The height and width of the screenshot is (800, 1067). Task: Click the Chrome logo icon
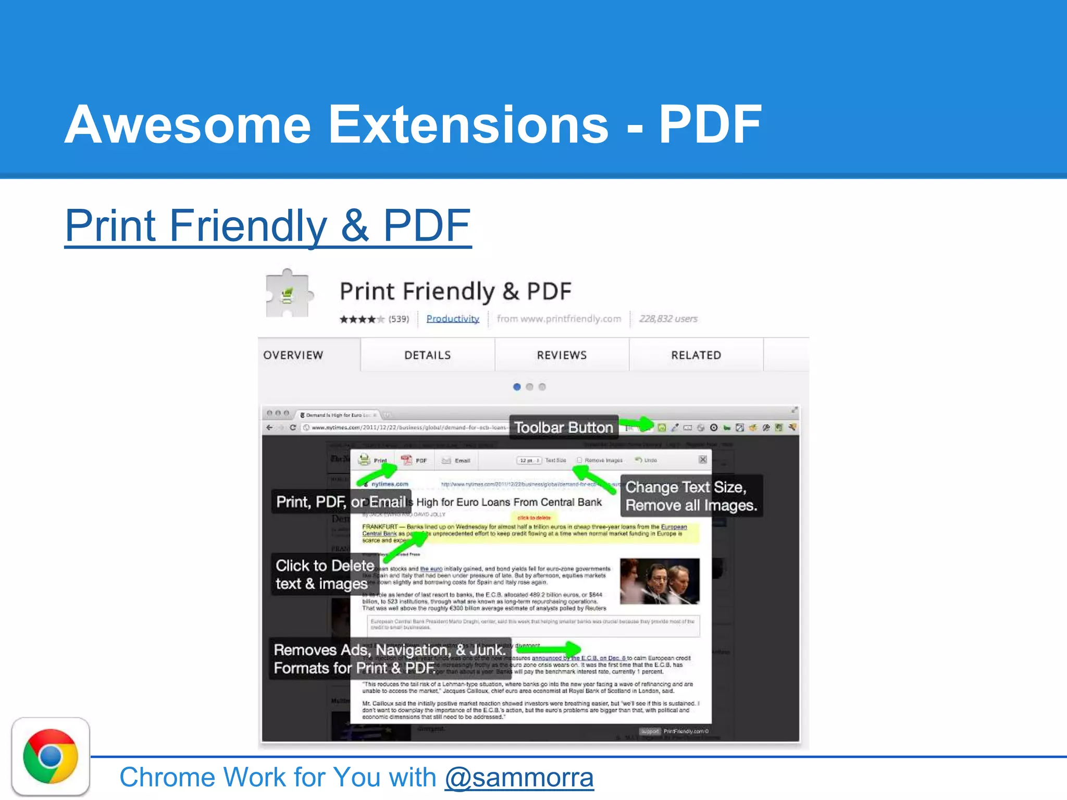tap(51, 756)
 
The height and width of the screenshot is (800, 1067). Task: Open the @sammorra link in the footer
tap(519, 778)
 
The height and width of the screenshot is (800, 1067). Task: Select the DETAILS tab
tap(427, 355)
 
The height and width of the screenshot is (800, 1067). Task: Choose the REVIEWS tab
tap(562, 355)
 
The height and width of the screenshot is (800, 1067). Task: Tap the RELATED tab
tap(696, 355)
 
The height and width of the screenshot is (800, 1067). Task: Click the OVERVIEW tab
tap(293, 355)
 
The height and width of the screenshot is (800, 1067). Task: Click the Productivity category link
tap(453, 319)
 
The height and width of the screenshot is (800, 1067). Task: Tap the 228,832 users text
tap(668, 319)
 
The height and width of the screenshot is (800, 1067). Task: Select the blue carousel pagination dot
tap(517, 387)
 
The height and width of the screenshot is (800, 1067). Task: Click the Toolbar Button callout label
tap(564, 428)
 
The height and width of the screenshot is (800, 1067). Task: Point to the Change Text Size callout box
tap(691, 496)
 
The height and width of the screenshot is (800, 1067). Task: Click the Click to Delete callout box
tap(324, 574)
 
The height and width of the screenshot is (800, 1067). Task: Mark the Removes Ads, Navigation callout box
tap(390, 659)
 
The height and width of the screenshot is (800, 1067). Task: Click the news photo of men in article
tap(660, 581)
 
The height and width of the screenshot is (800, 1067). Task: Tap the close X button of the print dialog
tap(703, 459)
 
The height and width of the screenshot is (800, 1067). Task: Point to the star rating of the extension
tap(362, 319)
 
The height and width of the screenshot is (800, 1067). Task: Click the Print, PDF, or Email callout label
tap(341, 502)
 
